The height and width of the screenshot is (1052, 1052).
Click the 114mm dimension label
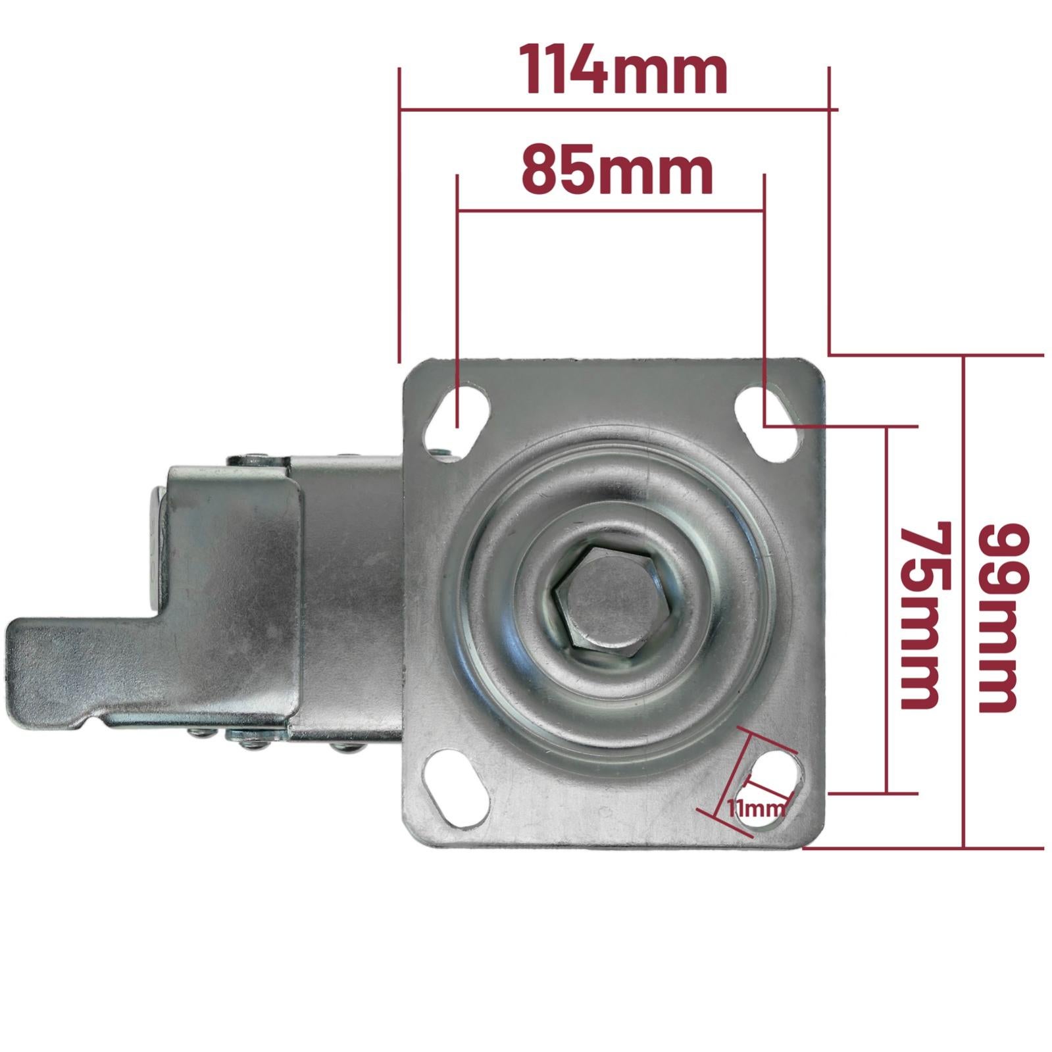(x=624, y=70)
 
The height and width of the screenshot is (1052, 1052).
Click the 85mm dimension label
(x=617, y=172)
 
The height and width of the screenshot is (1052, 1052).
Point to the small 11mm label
(x=756, y=808)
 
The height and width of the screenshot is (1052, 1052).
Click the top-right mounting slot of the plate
(x=768, y=423)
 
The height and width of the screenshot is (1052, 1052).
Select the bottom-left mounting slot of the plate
(x=458, y=790)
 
